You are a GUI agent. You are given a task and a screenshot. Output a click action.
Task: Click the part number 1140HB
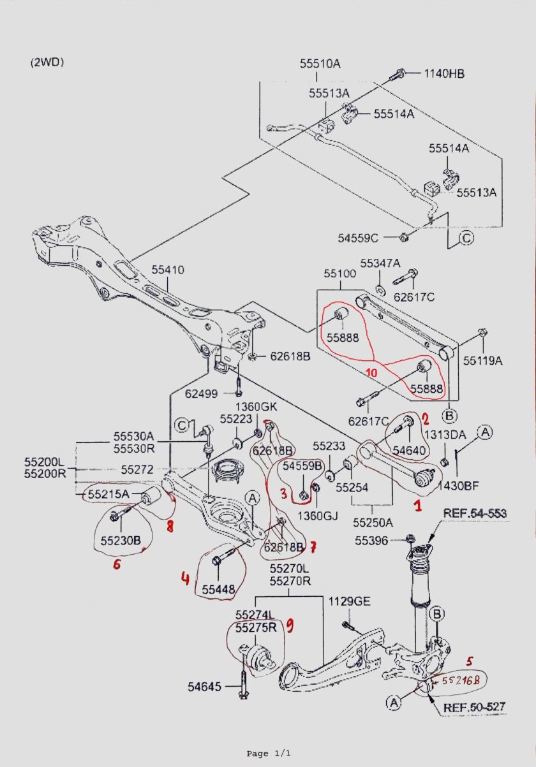tap(444, 73)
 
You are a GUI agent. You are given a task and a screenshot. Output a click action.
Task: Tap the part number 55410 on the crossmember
tap(168, 270)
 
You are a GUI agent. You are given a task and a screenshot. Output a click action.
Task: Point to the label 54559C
tap(358, 238)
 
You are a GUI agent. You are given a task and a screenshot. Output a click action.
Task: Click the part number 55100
tap(339, 274)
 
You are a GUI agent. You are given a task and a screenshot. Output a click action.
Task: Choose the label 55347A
tap(380, 263)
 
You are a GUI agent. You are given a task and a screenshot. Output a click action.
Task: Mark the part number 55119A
tap(482, 361)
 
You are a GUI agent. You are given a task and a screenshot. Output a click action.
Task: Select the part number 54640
tap(408, 450)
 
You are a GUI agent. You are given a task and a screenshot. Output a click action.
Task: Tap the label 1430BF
tap(458, 486)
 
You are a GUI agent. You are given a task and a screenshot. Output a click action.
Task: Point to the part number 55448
tap(220, 589)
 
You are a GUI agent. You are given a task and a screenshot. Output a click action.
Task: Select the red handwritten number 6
tap(117, 564)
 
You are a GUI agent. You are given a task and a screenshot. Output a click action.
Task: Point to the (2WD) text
tap(47, 62)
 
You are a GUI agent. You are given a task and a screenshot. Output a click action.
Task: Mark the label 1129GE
tap(349, 601)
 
